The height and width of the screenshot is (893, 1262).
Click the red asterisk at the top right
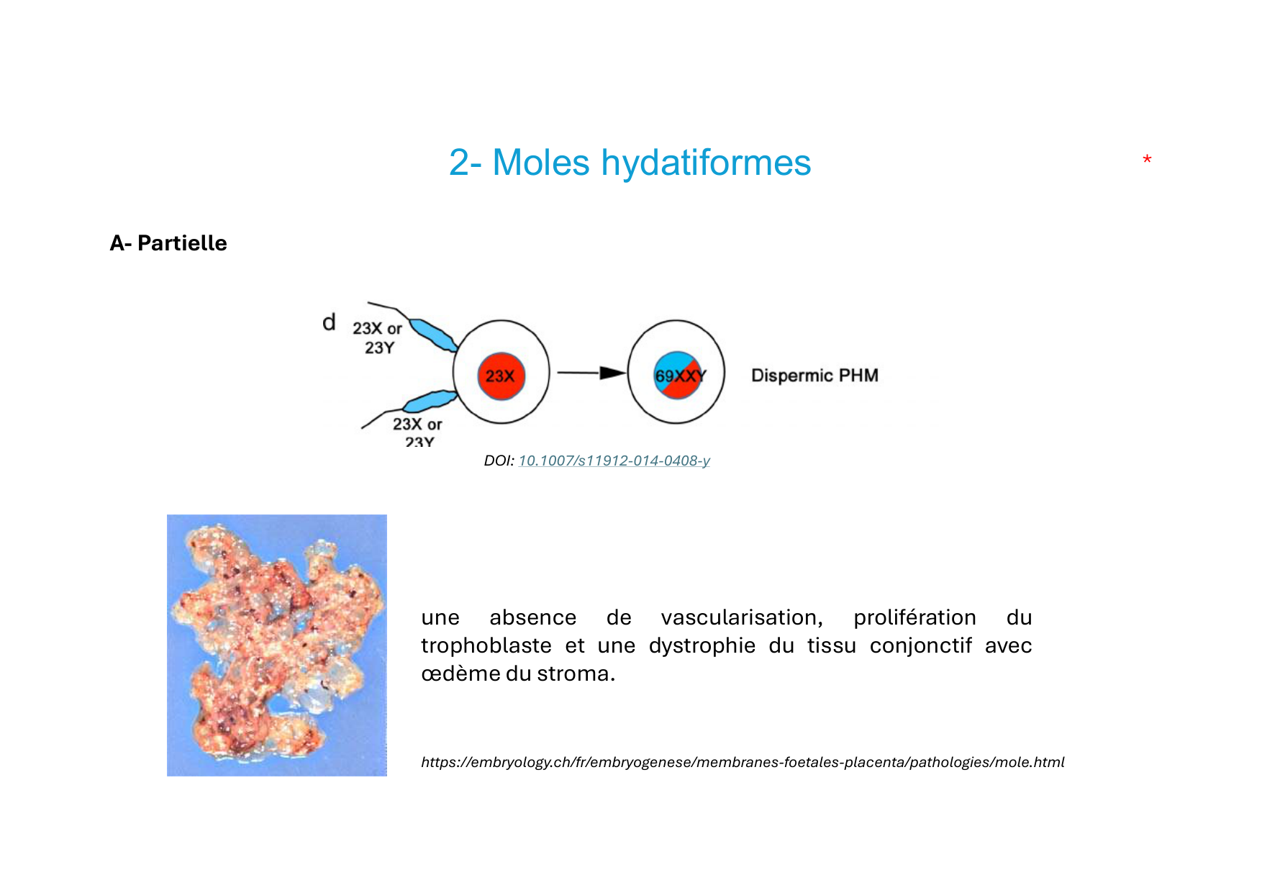(x=1147, y=159)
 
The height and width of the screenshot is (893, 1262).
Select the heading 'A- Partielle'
(x=168, y=243)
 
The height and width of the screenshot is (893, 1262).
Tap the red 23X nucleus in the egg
(x=501, y=376)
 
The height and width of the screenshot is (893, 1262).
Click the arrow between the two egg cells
(x=591, y=373)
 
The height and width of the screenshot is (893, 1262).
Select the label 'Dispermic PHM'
(x=814, y=376)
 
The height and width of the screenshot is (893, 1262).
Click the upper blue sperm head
(x=433, y=335)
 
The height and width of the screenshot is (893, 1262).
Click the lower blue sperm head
(x=430, y=401)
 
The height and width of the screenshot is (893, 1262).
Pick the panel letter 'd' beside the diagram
(x=329, y=322)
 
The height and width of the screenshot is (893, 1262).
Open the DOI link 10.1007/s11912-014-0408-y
(x=614, y=461)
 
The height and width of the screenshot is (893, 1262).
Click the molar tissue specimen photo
(x=277, y=645)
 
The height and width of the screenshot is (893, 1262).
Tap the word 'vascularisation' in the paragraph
(x=741, y=617)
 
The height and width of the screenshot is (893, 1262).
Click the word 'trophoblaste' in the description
(x=486, y=645)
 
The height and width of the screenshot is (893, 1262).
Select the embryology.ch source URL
(x=743, y=762)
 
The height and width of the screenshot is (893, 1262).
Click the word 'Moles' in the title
(x=541, y=163)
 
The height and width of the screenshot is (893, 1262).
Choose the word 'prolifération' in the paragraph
(x=914, y=617)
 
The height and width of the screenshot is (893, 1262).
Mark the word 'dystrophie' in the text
(x=702, y=645)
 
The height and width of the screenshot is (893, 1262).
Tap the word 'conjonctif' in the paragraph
(x=920, y=645)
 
